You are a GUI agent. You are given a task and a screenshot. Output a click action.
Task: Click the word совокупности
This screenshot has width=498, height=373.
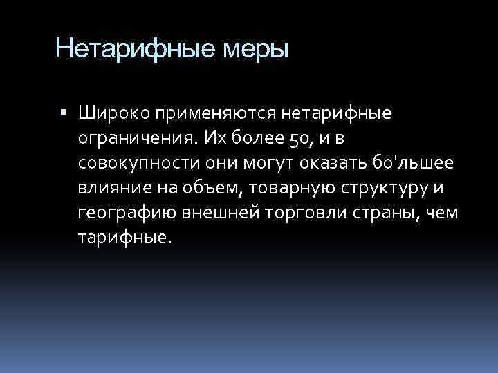point(133,162)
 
